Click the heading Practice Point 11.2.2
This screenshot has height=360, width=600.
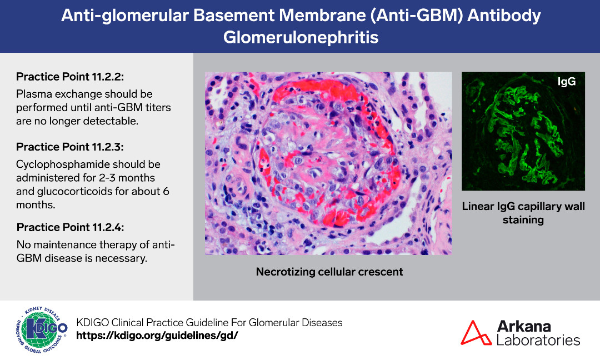tap(70, 77)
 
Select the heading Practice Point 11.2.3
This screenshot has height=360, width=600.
tap(70, 147)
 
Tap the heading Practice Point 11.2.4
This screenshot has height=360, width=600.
tap(71, 227)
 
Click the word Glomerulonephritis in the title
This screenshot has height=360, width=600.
tap(301, 37)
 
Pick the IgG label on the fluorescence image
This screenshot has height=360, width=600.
tap(566, 82)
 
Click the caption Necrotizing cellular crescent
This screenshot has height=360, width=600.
tap(329, 272)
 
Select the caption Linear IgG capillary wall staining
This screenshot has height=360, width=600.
tap(523, 213)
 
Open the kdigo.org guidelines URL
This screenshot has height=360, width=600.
tap(157, 336)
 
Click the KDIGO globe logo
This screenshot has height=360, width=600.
tap(42, 329)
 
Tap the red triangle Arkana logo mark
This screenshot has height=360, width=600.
tap(475, 332)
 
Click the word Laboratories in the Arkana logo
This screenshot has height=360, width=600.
tap(538, 340)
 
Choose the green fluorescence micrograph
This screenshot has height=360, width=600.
tap(523, 131)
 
